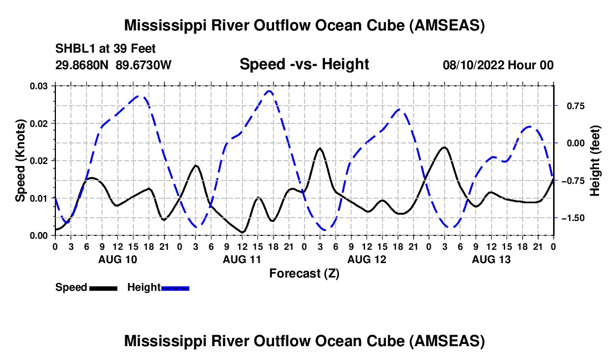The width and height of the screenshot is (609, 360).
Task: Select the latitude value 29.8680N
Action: pos(81,65)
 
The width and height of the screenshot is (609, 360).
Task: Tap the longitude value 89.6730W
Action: pos(143,65)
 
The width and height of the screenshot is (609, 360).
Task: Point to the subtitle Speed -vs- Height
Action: pos(304,64)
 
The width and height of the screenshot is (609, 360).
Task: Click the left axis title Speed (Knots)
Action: pos(20,161)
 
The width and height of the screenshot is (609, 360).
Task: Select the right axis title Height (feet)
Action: pos(595,161)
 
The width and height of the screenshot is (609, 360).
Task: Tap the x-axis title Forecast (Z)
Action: pos(304,274)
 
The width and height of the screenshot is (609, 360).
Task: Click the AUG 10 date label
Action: pos(118,259)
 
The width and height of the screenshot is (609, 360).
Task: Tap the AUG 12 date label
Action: pos(367,259)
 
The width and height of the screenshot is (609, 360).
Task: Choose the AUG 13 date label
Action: pos(491,259)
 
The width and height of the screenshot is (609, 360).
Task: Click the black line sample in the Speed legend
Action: pos(104,289)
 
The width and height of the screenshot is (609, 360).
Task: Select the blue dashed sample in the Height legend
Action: pos(175,289)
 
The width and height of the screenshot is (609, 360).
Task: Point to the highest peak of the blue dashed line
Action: pos(269,91)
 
